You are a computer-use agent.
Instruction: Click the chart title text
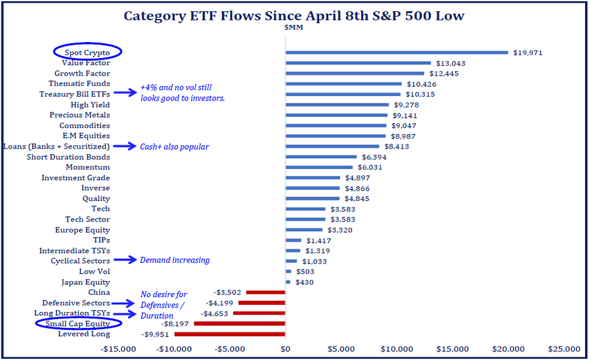tap(295, 16)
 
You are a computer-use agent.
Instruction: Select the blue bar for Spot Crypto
tap(397, 53)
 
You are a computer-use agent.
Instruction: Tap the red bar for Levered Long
tap(230, 334)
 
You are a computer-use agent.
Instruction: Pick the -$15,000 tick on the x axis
tap(118, 349)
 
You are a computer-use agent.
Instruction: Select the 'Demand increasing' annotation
tap(175, 260)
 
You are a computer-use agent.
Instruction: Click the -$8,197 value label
tap(175, 324)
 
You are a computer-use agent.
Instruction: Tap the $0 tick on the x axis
tap(285, 349)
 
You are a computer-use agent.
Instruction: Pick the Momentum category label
tap(88, 168)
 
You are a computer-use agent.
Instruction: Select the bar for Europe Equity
tap(304, 230)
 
